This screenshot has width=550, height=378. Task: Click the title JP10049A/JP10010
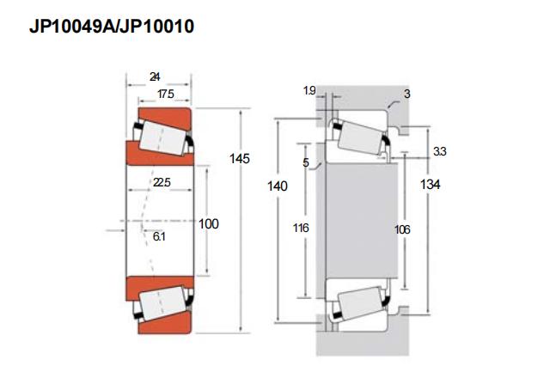[113, 27]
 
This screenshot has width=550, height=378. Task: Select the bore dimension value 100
[209, 223]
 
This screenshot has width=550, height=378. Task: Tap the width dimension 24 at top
[154, 77]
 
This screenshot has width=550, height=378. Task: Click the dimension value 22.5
[161, 182]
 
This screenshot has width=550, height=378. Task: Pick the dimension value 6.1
[160, 235]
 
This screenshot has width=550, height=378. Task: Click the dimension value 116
[300, 228]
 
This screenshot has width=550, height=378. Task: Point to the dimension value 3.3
[439, 151]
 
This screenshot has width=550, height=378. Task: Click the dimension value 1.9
[309, 90]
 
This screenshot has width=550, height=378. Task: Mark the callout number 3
[406, 92]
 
